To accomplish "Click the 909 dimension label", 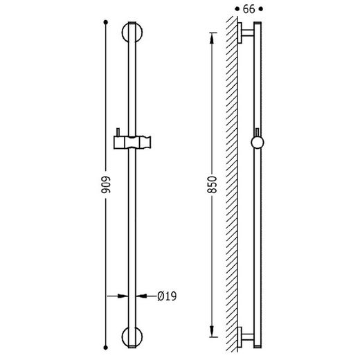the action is [x=106, y=185].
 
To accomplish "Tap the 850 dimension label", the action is [x=213, y=185].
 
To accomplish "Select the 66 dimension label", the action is [x=249, y=9].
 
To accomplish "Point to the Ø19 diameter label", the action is [x=167, y=296].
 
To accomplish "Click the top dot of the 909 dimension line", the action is [x=106, y=22].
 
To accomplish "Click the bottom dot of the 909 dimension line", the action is [x=106, y=348].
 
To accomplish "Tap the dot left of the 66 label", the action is [x=237, y=9].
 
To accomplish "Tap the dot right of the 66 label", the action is [x=261, y=9].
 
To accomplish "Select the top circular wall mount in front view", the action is [x=132, y=33].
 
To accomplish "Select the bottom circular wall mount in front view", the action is [x=132, y=337].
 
